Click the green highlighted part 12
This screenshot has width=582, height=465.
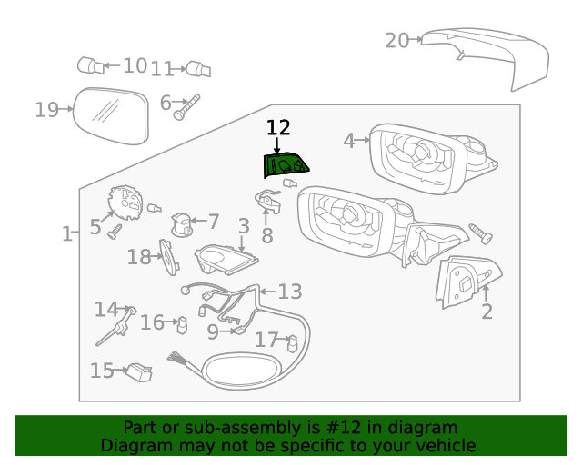285,164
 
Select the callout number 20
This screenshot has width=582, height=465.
396,40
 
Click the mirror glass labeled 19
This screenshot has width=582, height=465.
110,114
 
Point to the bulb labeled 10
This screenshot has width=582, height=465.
89,65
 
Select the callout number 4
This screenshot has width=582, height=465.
348,141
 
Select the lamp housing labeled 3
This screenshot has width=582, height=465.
223,260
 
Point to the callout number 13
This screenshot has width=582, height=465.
289,292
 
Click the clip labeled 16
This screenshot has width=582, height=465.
182,323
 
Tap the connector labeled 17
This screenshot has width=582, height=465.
292,342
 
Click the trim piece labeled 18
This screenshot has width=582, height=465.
167,255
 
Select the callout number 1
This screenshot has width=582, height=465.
66,234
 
